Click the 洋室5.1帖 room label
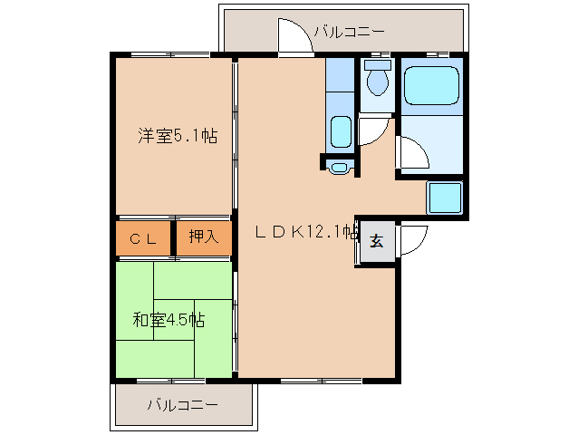tap(178, 136)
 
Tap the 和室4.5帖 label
tap(169, 320)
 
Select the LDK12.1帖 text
tap(306, 232)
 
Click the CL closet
tap(143, 238)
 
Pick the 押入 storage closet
tap(204, 238)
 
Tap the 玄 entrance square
tap(377, 241)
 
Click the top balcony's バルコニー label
tap(349, 32)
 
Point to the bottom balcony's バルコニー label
tap(183, 405)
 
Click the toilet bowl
tap(378, 82)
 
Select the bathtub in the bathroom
tap(431, 85)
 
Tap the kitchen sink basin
tap(341, 132)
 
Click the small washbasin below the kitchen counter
tap(339, 168)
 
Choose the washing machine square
tap(444, 198)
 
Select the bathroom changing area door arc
tap(420, 149)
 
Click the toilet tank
tap(377, 65)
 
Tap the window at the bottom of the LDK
tap(322, 381)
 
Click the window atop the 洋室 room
tap(170, 55)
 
